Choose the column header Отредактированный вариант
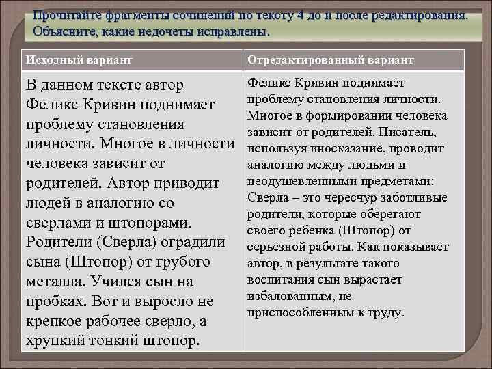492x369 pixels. tap(330, 60)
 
